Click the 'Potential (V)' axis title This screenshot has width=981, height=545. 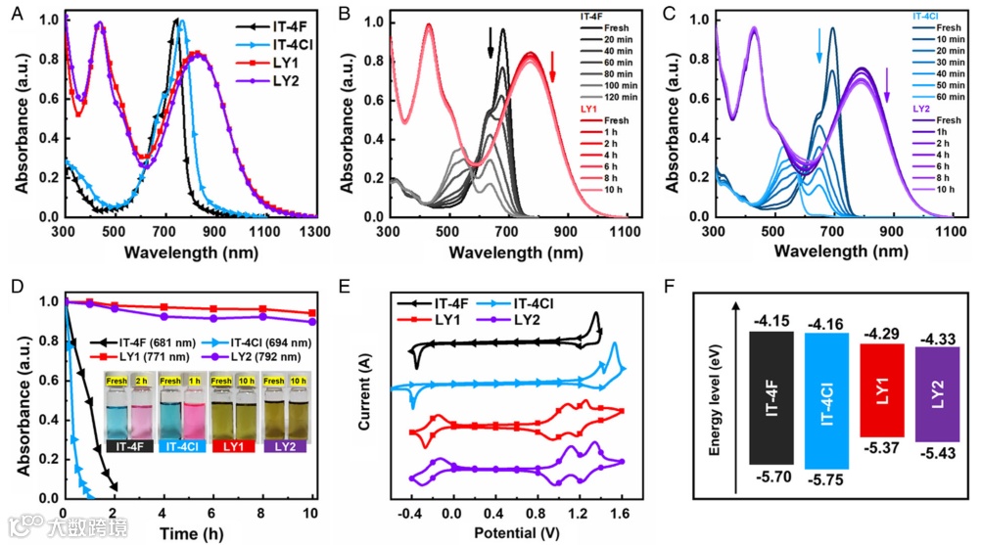[513, 533]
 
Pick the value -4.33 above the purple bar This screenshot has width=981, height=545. [937, 340]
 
